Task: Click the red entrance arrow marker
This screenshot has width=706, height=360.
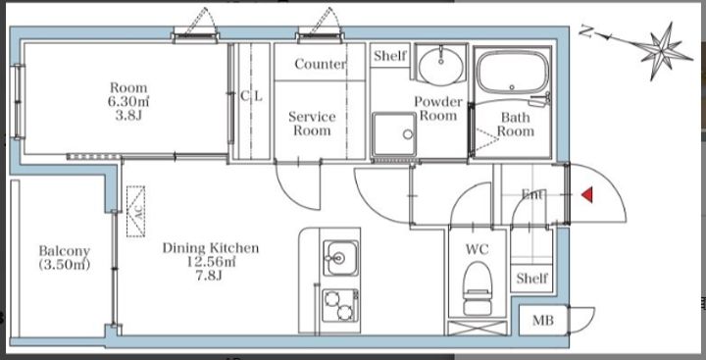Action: click(x=587, y=195)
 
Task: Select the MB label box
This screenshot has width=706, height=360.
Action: click(x=543, y=321)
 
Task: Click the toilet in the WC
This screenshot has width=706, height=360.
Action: click(x=478, y=288)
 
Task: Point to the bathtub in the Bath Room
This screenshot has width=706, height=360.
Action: click(x=513, y=72)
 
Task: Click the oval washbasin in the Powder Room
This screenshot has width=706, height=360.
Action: click(x=441, y=66)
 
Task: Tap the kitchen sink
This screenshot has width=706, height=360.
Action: click(x=342, y=258)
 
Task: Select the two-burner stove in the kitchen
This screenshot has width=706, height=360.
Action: click(x=340, y=306)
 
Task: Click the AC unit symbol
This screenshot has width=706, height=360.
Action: click(x=135, y=211)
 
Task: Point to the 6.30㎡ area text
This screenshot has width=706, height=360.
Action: click(x=128, y=101)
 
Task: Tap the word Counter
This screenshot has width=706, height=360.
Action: click(x=320, y=64)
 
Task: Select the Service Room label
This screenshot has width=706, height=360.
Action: click(x=312, y=124)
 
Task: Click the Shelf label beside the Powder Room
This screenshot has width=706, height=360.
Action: click(x=390, y=56)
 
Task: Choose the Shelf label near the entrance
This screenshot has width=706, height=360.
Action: click(x=531, y=278)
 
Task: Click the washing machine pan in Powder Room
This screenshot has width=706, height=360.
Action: click(x=394, y=134)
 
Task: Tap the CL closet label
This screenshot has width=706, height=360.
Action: click(x=251, y=96)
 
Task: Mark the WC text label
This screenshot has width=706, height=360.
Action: click(x=478, y=249)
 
